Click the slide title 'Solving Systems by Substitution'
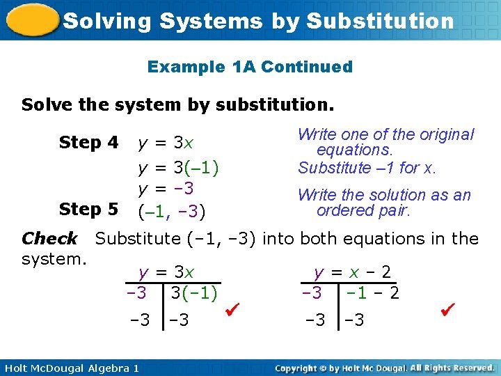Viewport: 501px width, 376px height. (258, 21)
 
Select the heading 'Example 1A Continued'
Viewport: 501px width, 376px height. (250, 67)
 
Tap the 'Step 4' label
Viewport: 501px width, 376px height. (89, 143)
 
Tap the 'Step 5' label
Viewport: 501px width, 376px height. (89, 209)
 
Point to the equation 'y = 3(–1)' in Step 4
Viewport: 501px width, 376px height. (179, 168)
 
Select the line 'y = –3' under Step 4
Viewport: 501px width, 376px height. (166, 189)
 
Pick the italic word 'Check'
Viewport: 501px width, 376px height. (49, 239)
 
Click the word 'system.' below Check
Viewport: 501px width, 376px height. (54, 259)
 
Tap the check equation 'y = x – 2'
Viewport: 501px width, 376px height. (352, 272)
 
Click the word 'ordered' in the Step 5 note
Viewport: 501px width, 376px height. (343, 210)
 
